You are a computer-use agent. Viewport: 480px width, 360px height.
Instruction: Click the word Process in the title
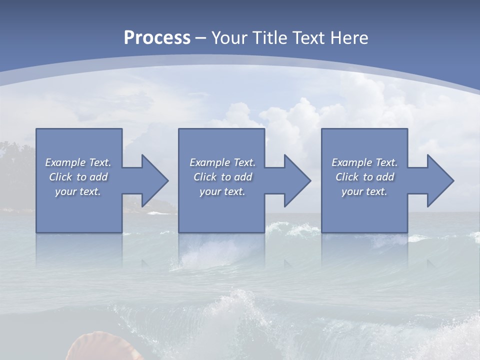pos(157,38)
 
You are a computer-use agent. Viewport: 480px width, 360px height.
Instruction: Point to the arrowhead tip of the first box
pos(167,180)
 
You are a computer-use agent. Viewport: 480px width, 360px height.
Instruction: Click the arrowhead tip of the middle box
pos(310,180)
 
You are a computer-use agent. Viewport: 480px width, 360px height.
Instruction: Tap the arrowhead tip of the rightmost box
pos(453,180)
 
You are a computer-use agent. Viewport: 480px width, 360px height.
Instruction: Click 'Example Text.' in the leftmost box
pos(78,162)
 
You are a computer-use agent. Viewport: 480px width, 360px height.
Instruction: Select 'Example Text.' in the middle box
pos(222,162)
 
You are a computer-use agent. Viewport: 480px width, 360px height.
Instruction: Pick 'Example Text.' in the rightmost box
pos(364,162)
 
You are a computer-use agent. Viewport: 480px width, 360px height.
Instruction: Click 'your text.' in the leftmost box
pos(78,191)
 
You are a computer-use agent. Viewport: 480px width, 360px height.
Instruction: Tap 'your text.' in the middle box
pos(222,191)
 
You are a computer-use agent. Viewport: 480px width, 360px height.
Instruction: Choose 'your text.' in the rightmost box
pos(364,191)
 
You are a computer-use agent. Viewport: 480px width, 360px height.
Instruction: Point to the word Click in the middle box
pos(205,177)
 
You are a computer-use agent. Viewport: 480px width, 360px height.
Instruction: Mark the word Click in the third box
pos(347,177)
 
